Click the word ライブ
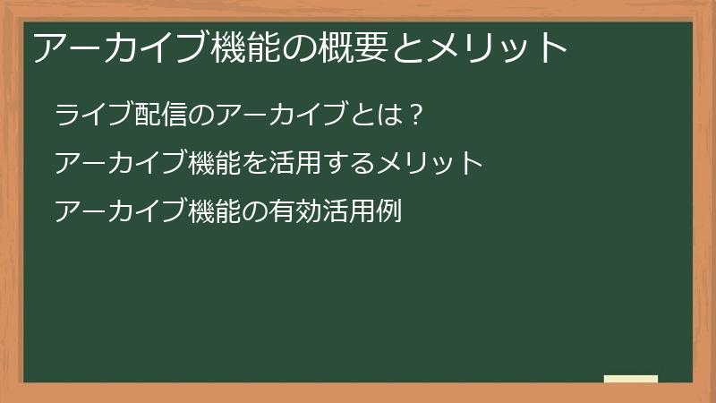tap(94, 116)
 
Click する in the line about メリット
tap(350, 165)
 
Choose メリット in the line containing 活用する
tap(430, 165)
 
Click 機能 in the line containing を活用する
tap(216, 165)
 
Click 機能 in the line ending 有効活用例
tap(216, 213)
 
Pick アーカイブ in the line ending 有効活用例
tap(122, 213)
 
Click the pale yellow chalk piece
tap(631, 380)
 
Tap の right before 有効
tap(255, 213)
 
